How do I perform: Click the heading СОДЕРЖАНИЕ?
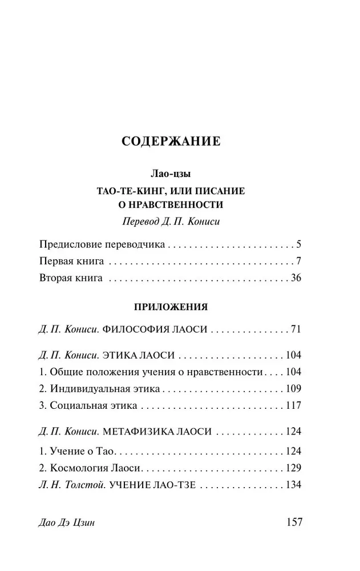pyautogui.click(x=171, y=141)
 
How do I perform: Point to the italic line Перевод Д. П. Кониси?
pyautogui.click(x=171, y=222)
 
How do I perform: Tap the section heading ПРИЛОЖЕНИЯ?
pyautogui.click(x=171, y=307)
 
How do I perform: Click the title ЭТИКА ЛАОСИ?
pyautogui.click(x=138, y=355)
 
